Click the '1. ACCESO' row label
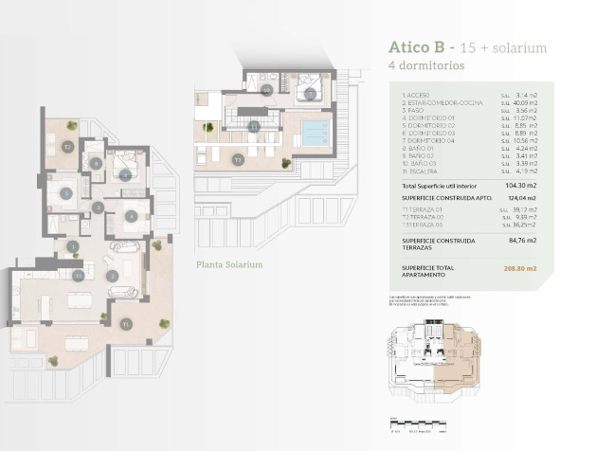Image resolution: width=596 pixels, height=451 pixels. click(x=418, y=95)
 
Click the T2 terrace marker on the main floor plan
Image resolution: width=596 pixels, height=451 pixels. click(x=67, y=147)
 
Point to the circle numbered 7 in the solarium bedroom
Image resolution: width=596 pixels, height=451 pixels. click(x=310, y=95)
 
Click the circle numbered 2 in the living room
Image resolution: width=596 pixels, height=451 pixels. click(x=112, y=276)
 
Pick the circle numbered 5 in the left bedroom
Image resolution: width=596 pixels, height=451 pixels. click(x=65, y=193)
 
